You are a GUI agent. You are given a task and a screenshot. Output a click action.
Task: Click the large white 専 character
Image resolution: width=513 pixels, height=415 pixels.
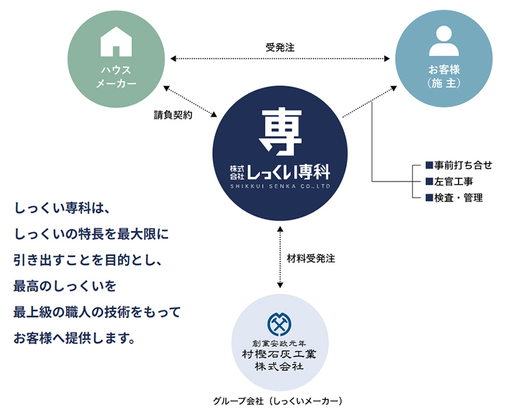[x=280, y=130]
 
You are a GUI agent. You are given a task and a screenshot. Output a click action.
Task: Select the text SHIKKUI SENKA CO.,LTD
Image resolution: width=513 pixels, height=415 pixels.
[x=280, y=186]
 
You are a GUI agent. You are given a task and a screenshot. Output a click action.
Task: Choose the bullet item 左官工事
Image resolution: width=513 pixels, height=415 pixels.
[x=449, y=182]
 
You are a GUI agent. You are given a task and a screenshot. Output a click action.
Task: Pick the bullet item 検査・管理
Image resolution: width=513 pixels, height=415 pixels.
[x=453, y=198]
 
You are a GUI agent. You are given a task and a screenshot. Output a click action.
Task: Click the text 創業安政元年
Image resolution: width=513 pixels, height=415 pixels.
[x=280, y=342]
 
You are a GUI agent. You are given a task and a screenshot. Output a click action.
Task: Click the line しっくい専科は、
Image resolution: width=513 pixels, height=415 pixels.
[x=63, y=209]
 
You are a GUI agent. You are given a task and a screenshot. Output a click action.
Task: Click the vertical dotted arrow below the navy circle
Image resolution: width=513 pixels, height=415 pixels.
[x=280, y=257]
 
